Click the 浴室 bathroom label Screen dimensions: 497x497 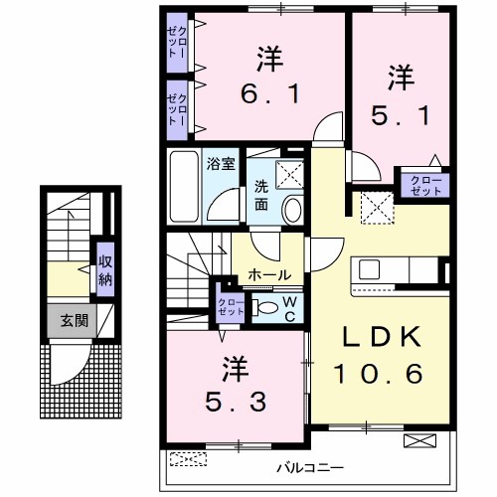tap(221, 163)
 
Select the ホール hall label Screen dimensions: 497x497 tap(269, 274)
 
